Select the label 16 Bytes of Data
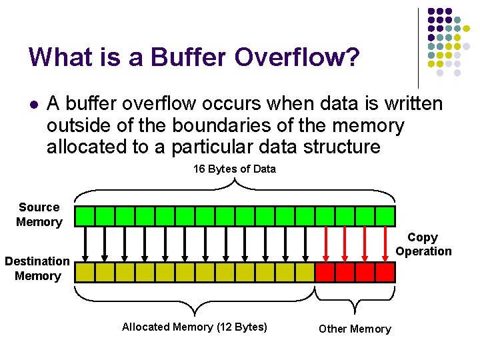(x=234, y=169)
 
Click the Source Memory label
(x=39, y=215)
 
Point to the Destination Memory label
(x=37, y=269)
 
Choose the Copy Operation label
(x=423, y=244)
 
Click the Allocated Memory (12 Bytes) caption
(x=195, y=327)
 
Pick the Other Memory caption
(x=355, y=329)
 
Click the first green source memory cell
(x=85, y=216)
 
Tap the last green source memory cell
(x=385, y=216)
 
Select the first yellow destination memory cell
(x=85, y=272)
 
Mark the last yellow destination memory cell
(x=305, y=272)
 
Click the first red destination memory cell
(x=325, y=272)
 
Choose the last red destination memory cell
(x=385, y=272)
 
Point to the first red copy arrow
(x=325, y=243)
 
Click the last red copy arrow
(x=385, y=243)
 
